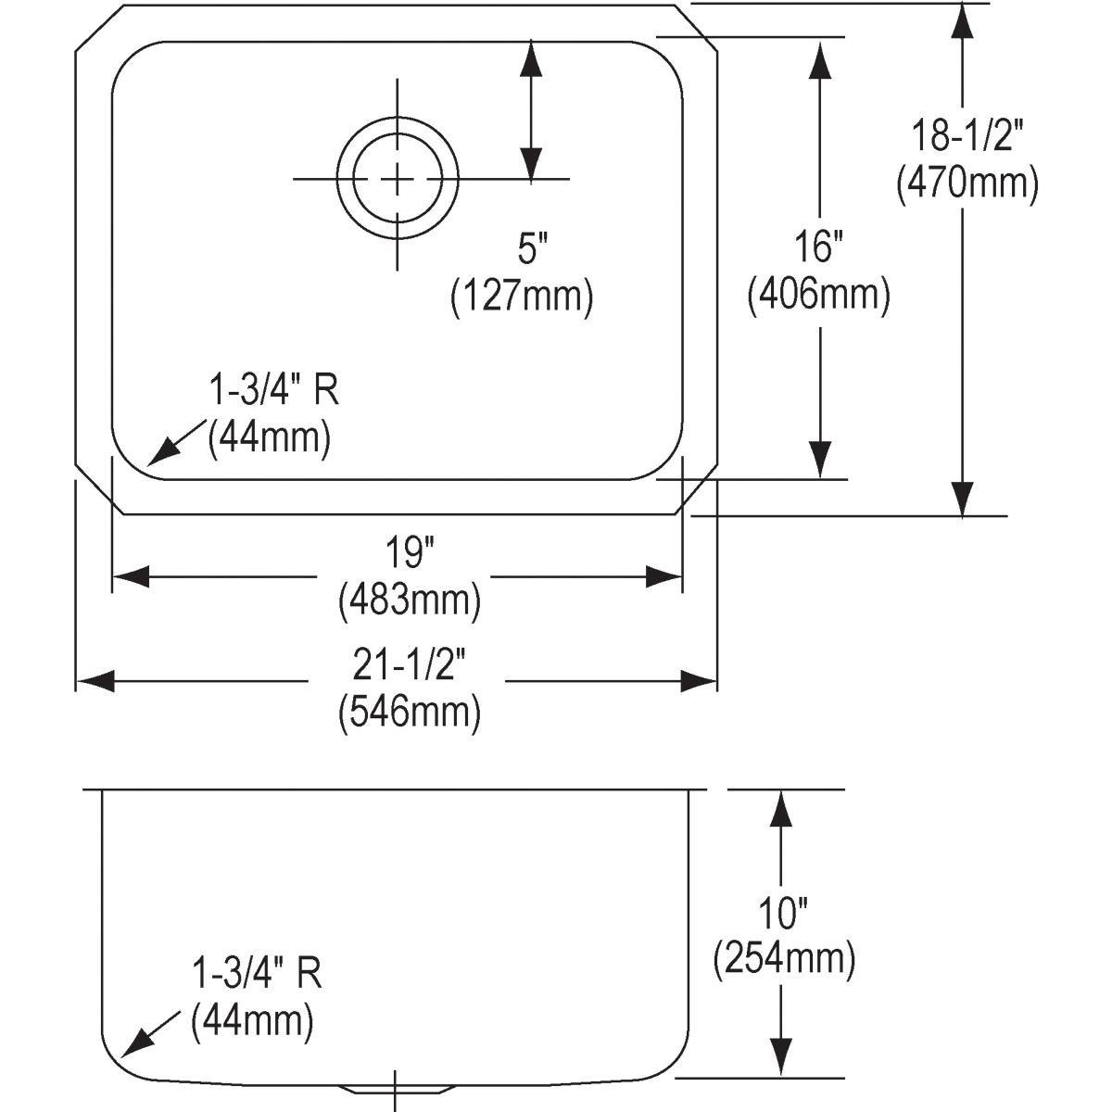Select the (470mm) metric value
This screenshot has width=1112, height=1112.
click(x=966, y=183)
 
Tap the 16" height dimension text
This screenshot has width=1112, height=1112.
click(x=819, y=248)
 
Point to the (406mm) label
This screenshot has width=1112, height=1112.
click(x=819, y=296)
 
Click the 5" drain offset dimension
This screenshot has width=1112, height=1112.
click(x=532, y=248)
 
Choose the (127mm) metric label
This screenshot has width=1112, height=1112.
click(x=522, y=297)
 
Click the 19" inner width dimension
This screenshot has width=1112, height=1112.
click(x=410, y=553)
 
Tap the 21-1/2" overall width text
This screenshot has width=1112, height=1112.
click(x=409, y=663)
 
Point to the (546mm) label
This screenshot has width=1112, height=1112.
click(x=410, y=712)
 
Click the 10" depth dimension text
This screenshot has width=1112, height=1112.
click(x=784, y=914)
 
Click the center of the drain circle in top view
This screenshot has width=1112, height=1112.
click(x=398, y=178)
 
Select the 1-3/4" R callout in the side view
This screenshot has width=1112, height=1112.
click(x=257, y=974)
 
